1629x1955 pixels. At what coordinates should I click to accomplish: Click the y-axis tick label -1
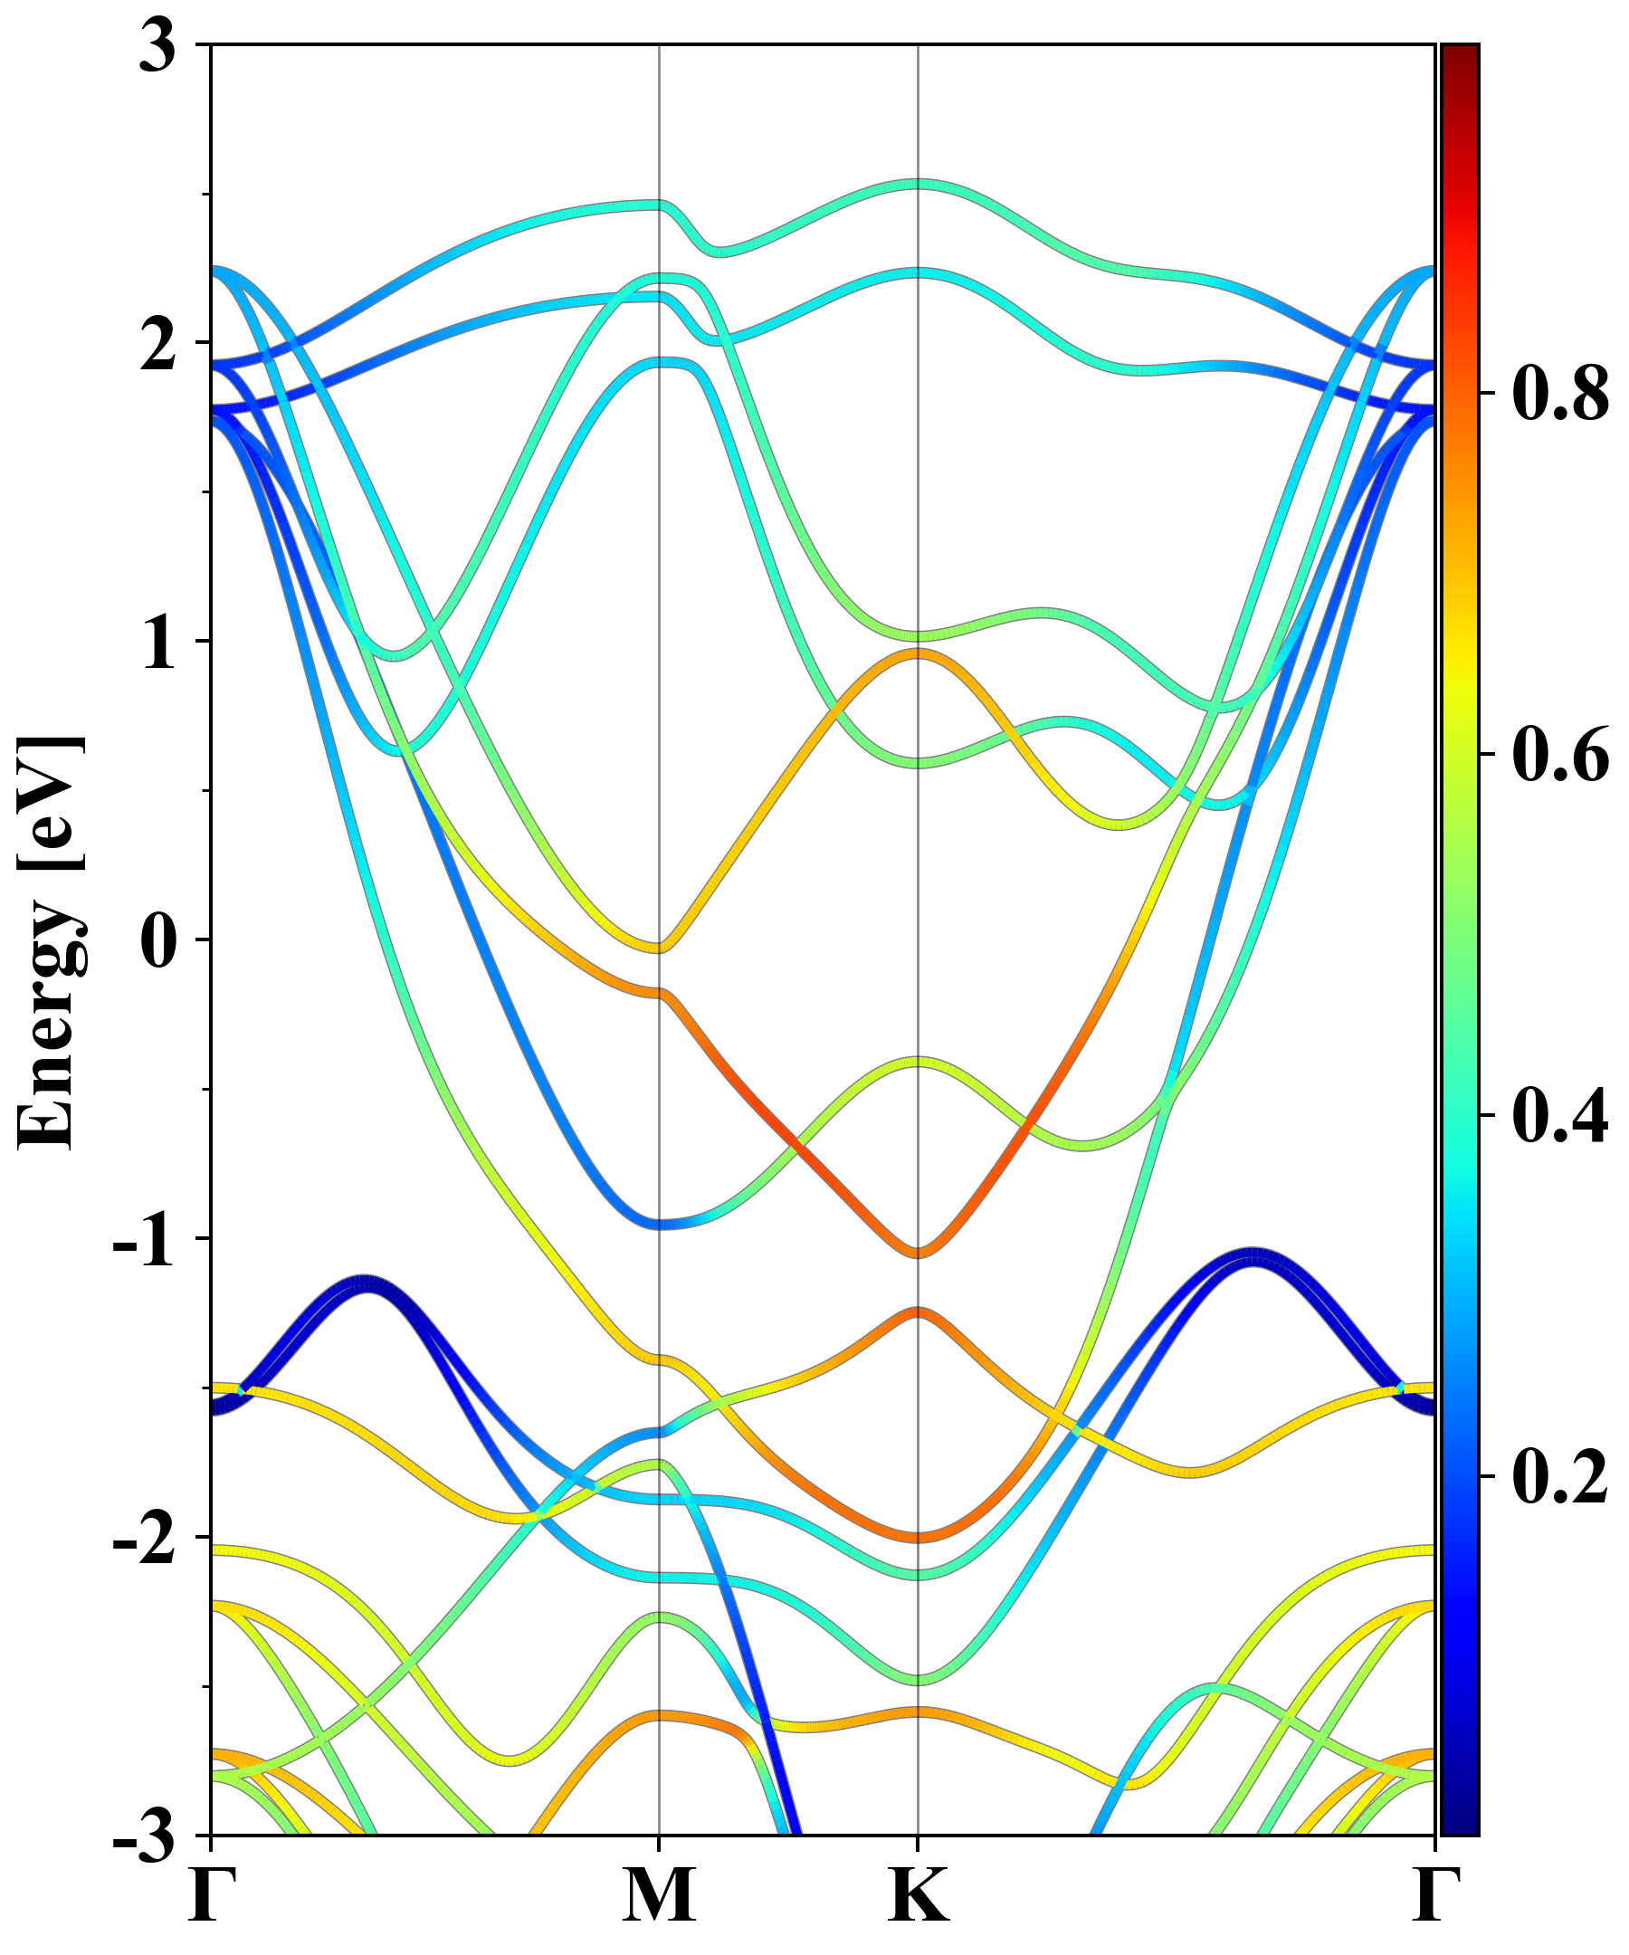point(145,1241)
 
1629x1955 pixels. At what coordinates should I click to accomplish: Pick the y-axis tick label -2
point(145,1540)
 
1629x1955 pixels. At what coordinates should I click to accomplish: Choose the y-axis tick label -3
point(145,1838)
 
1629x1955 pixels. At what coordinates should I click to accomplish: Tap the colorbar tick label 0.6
point(1560,755)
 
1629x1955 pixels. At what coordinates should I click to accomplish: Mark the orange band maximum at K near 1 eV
point(919,653)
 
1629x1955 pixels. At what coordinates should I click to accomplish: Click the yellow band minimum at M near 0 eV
point(659,949)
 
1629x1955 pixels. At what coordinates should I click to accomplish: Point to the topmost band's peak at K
point(919,185)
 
